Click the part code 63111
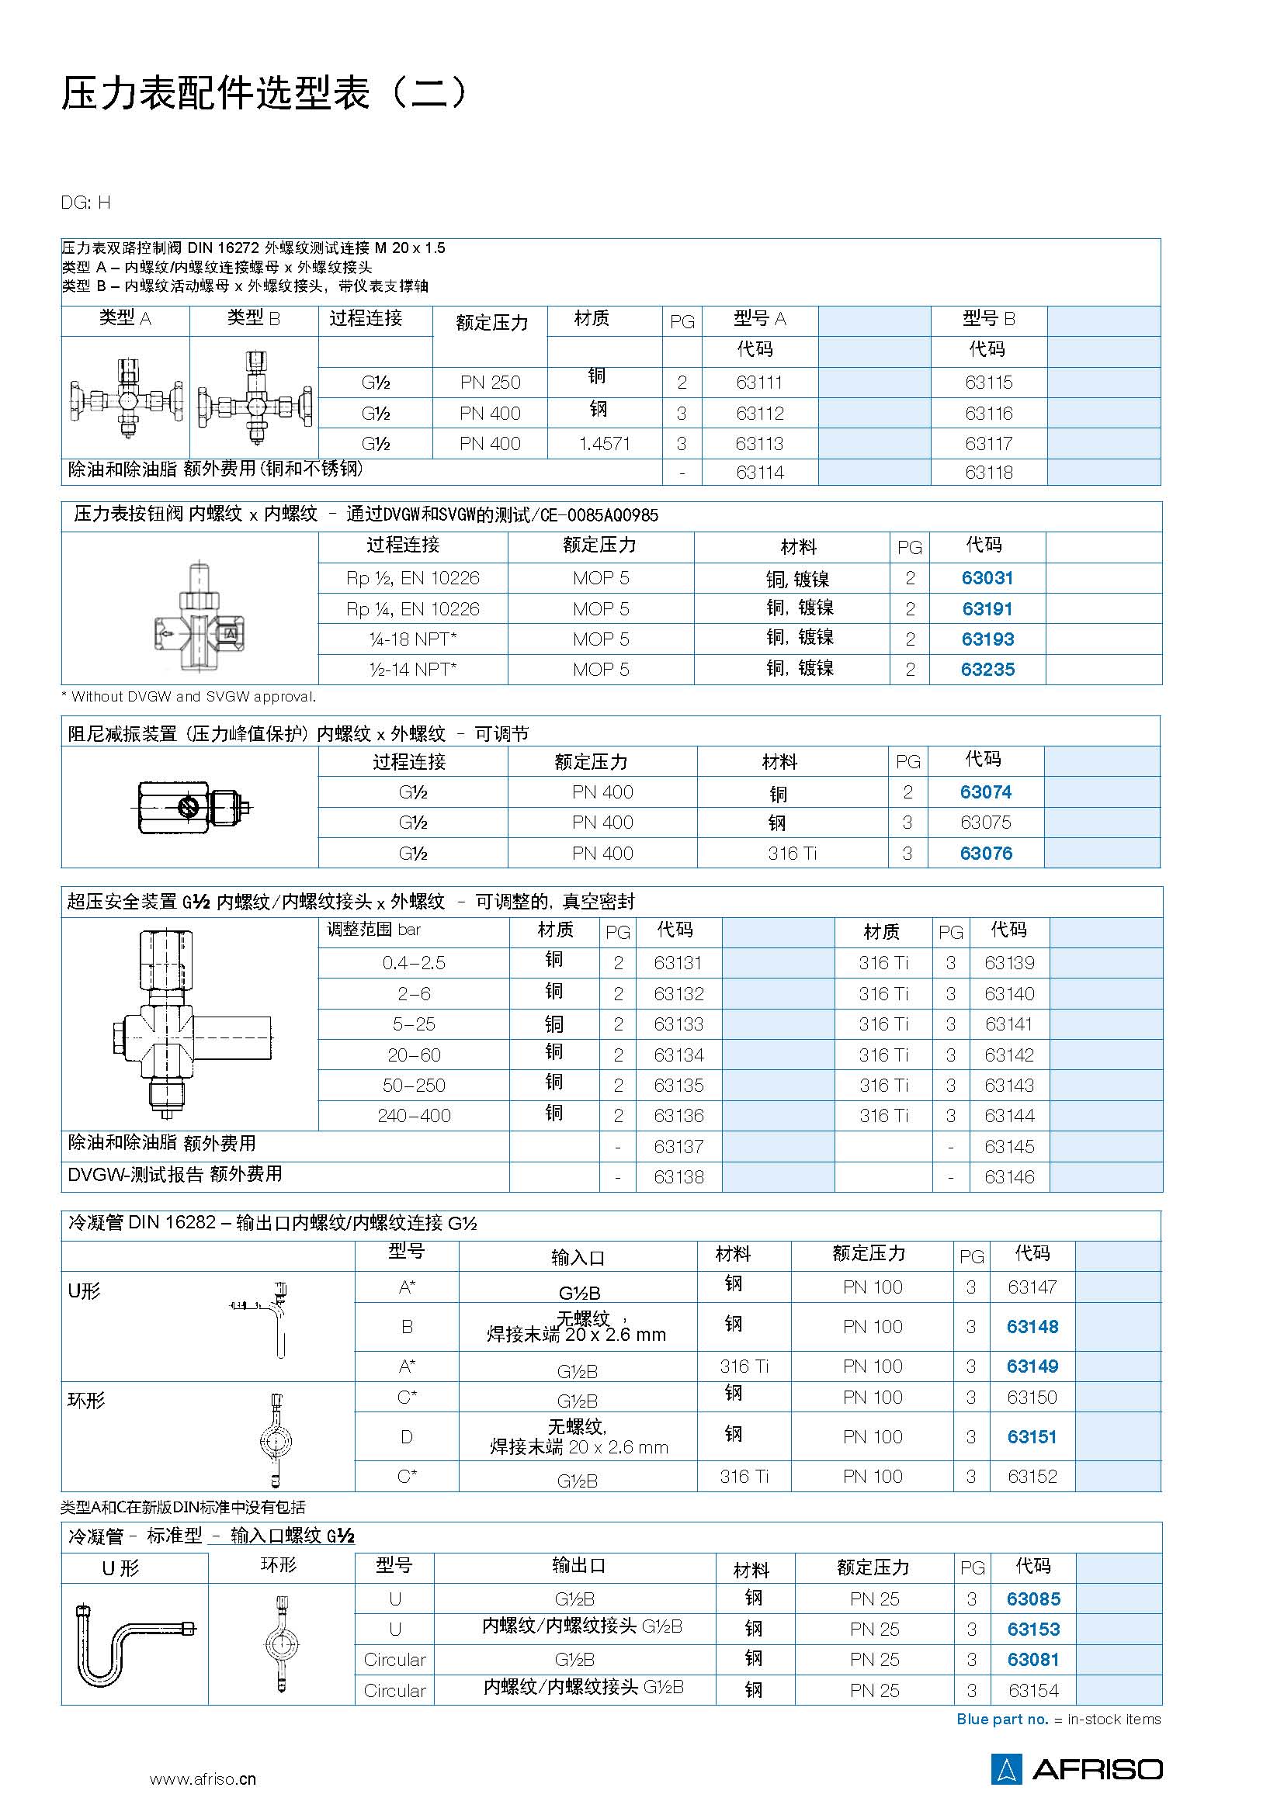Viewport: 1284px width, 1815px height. pos(759,383)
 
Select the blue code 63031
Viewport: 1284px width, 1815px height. pos(987,578)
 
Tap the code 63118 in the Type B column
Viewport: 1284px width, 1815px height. pos(988,473)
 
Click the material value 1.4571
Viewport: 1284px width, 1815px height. pos(604,444)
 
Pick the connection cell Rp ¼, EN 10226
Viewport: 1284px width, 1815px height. pos(413,608)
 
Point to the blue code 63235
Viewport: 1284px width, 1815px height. pos(987,670)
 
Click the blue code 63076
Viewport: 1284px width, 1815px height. pos(986,854)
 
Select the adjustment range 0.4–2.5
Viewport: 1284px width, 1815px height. pos(414,963)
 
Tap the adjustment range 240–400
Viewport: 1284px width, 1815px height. pos(414,1115)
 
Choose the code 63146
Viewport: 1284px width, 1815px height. pos(1009,1177)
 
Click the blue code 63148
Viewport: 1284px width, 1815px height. pos(1032,1326)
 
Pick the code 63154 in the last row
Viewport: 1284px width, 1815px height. pos(1032,1691)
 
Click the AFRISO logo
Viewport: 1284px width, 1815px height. pos(1076,1769)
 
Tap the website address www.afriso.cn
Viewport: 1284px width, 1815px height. pos(203,1779)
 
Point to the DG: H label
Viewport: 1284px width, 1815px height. pos(85,203)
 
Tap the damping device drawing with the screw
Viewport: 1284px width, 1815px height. pos(190,807)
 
